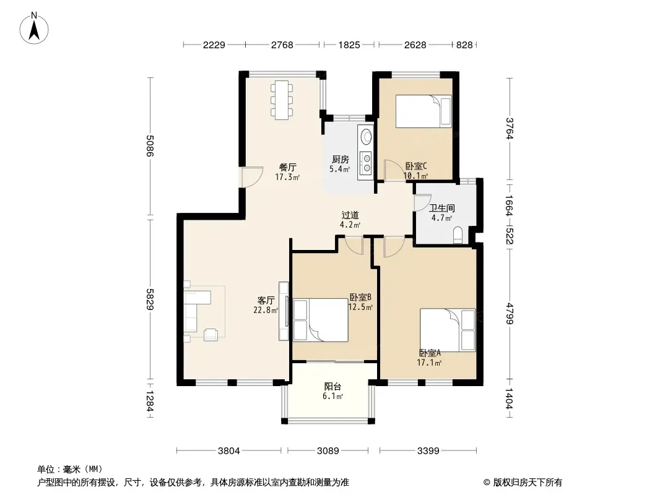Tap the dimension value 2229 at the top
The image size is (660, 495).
pos(214,45)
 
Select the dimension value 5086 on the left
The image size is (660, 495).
pos(149,145)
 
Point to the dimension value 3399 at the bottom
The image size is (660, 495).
pos(428,451)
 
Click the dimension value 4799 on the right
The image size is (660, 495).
pos(510,314)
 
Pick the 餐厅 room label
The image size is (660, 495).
pos(287,167)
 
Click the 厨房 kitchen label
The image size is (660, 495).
pos(340,160)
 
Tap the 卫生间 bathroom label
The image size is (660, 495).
pos(441,208)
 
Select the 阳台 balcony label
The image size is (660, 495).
pos(332,387)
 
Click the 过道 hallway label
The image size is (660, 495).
pos(350,215)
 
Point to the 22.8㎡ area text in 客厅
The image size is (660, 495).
pos(266,311)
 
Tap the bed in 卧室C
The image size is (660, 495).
pos(423,111)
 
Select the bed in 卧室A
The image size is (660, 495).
pos(448,330)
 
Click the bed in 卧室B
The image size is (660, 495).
pos(320,320)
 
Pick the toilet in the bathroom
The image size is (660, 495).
pos(458,235)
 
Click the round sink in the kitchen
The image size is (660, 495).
pos(367,136)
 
